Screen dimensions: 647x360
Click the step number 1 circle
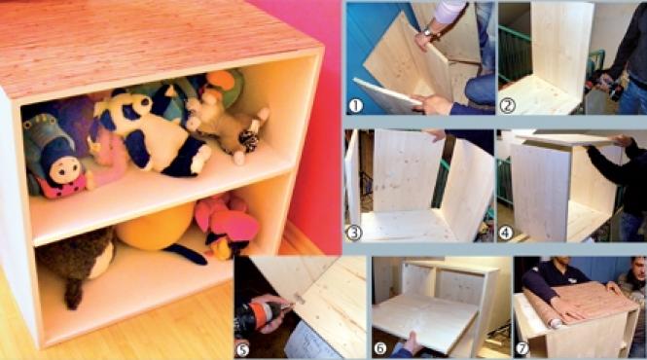coord(355,106)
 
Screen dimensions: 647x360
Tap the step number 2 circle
coord(507,106)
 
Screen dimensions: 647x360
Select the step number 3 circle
coord(353,233)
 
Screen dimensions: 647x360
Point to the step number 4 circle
coord(506,233)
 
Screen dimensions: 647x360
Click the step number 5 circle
coord(243,349)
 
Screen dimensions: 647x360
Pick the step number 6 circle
coord(380,348)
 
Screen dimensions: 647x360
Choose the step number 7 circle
coord(522,348)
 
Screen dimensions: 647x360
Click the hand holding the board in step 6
coord(408,342)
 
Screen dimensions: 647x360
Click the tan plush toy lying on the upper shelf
coord(226,124)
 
